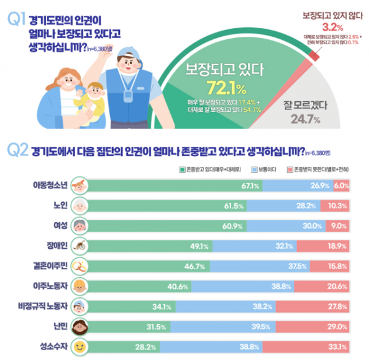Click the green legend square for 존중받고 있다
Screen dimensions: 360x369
point(182,168)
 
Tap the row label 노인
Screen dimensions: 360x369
point(60,206)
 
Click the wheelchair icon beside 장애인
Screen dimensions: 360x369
point(81,246)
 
